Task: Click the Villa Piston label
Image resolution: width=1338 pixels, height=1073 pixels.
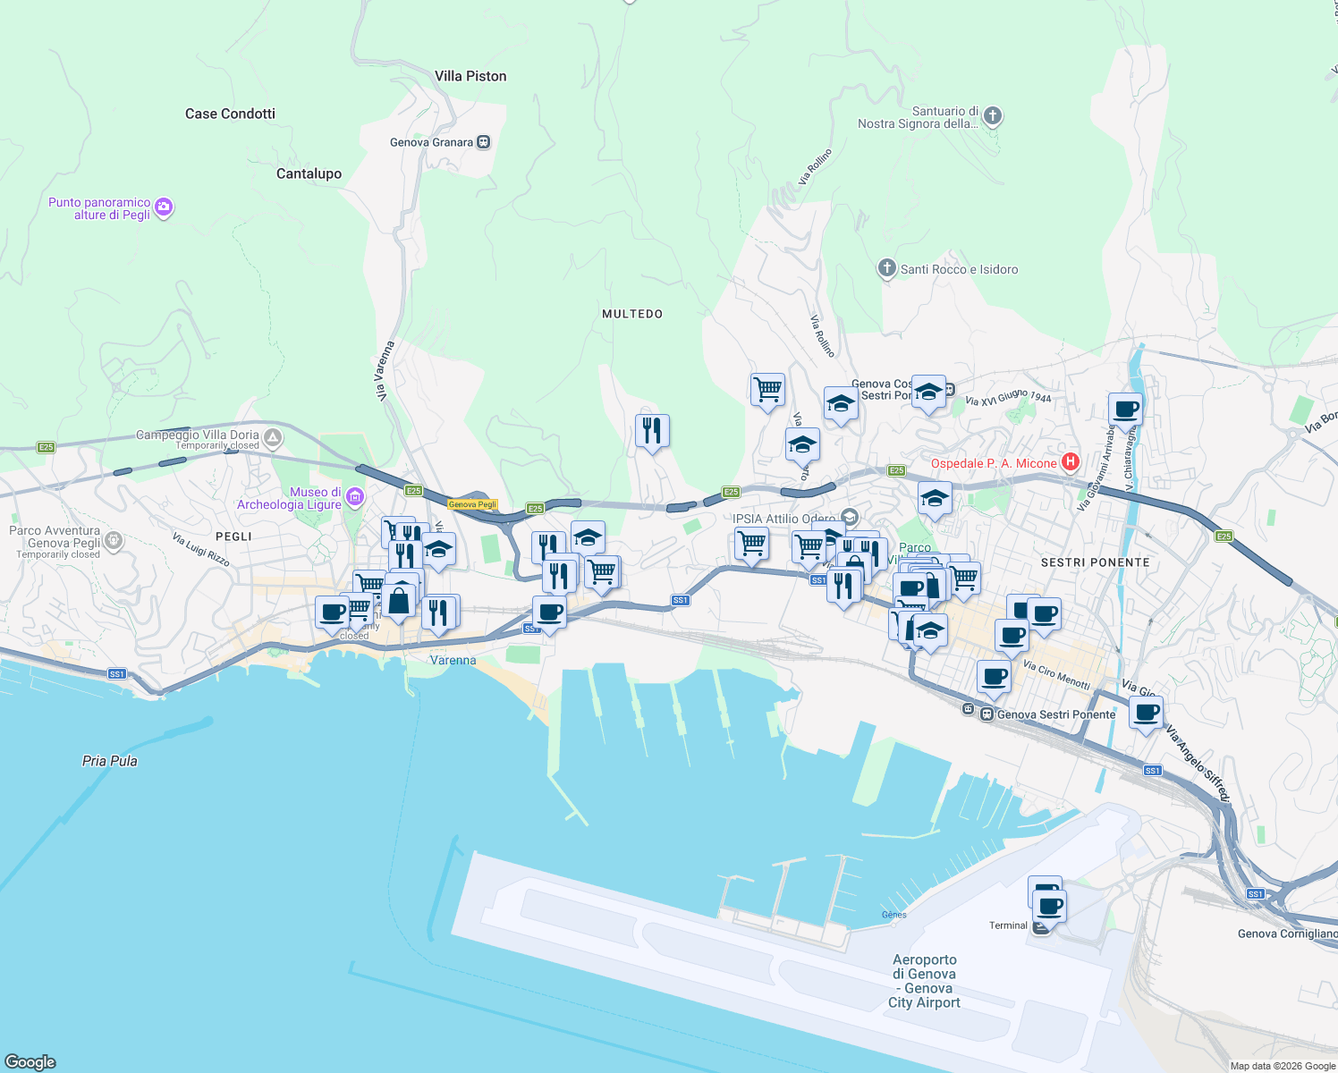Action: point(470,77)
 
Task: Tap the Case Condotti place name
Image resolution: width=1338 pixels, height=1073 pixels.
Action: point(230,114)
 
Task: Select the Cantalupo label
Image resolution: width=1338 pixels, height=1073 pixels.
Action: point(309,173)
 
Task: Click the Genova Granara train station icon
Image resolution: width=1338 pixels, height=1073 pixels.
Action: point(484,142)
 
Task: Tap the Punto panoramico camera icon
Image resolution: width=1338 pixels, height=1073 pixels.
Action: point(163,208)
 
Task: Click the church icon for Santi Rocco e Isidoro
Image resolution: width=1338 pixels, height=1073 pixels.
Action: point(886,268)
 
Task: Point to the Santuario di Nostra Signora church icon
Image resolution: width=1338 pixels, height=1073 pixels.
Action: point(993,116)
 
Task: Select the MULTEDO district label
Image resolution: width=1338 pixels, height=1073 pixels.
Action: point(632,314)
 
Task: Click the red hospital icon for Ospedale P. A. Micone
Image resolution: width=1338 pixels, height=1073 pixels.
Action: point(1070,462)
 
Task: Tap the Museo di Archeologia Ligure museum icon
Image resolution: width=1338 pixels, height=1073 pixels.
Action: point(355,497)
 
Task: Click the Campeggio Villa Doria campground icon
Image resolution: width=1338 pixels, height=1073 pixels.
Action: point(273,438)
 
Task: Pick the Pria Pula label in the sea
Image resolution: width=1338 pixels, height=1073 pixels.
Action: point(110,761)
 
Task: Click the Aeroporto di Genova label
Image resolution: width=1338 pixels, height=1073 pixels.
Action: point(924,981)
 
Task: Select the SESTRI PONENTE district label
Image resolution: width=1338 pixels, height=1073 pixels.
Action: point(1095,562)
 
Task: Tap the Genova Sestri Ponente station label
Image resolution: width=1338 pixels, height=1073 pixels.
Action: point(1055,714)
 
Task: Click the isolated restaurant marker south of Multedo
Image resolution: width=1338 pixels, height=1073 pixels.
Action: point(652,431)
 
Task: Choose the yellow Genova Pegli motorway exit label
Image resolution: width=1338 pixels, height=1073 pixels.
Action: point(472,504)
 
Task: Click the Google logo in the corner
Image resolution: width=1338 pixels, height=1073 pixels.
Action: point(30,1061)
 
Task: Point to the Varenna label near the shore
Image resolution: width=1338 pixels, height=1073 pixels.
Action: point(453,661)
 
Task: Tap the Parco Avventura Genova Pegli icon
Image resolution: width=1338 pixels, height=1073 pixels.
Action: point(113,540)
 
